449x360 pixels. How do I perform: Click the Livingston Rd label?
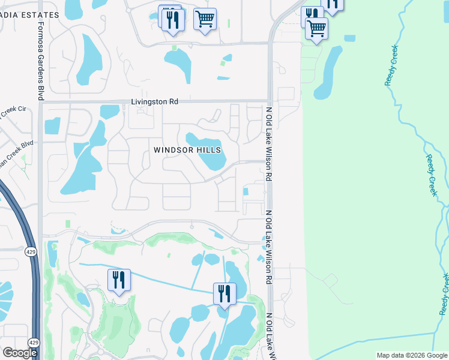(x=155, y=102)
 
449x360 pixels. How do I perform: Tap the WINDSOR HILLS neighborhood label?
(x=187, y=150)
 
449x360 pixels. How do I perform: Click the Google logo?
(x=20, y=353)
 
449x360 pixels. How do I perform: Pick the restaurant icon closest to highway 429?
(x=118, y=280)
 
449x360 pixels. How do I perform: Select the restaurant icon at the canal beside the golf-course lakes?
(x=224, y=294)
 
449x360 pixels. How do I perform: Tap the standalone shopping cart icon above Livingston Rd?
(x=205, y=20)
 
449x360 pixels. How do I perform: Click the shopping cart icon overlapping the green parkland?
(x=316, y=28)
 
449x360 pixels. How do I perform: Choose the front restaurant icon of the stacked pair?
(x=173, y=21)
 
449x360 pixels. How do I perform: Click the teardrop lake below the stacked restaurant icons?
(x=179, y=64)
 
